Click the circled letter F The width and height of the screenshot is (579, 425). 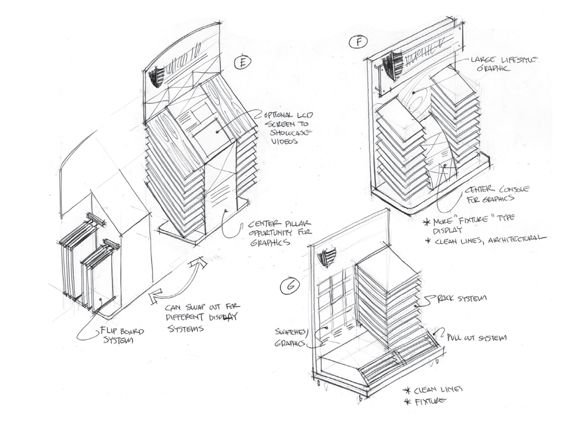(358, 43)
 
